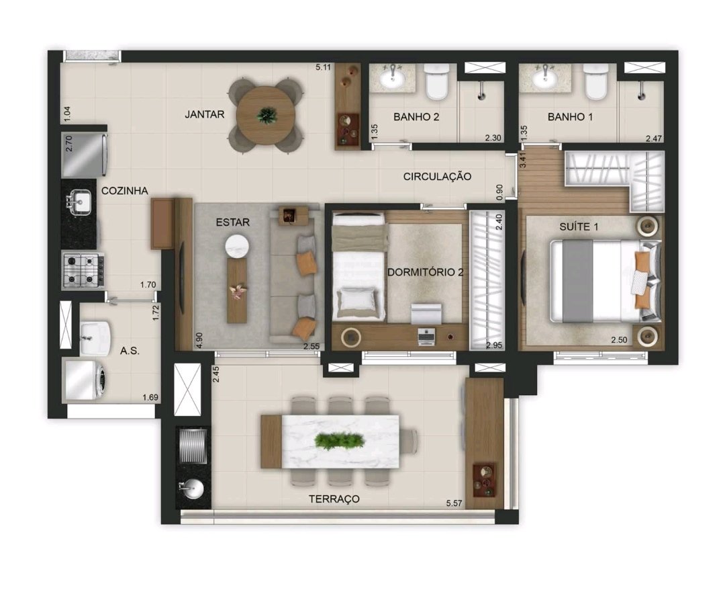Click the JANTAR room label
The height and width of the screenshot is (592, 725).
(204, 114)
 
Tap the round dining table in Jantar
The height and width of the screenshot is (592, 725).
(267, 116)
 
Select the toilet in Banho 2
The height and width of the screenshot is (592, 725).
(437, 81)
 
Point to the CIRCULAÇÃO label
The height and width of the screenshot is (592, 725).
(437, 176)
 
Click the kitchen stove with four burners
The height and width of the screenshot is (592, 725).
(84, 271)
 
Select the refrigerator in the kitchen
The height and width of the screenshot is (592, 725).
(85, 155)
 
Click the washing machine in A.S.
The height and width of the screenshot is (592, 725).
(87, 380)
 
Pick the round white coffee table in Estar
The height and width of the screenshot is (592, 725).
(237, 246)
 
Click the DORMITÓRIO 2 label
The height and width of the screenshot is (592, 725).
(425, 272)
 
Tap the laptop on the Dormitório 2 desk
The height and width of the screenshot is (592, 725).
(426, 337)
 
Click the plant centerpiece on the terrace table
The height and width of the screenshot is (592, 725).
(340, 441)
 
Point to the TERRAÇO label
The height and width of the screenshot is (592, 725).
(334, 499)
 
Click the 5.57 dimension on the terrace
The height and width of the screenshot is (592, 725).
(454, 503)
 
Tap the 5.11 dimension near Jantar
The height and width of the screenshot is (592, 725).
(323, 67)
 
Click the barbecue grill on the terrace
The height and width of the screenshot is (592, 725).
(193, 446)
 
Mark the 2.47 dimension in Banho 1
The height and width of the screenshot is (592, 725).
(654, 138)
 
